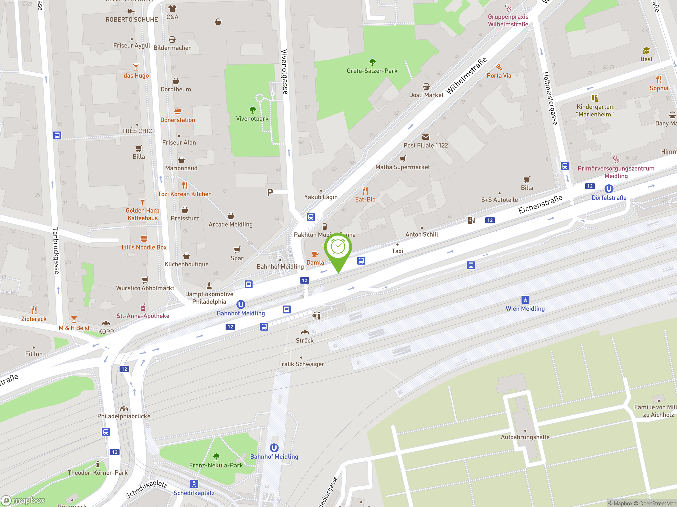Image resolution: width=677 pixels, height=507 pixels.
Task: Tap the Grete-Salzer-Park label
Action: pos(372,71)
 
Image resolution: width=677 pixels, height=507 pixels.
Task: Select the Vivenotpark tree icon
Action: pos(253,110)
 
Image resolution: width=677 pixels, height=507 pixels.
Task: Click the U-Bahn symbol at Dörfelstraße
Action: pos(609,189)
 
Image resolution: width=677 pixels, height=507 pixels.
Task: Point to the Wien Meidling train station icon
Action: pos(525,299)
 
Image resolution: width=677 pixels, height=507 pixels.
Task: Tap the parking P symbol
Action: pos(270,193)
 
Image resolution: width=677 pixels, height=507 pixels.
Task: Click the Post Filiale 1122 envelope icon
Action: pos(426,137)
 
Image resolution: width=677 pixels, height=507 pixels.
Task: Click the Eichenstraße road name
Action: pos(540,204)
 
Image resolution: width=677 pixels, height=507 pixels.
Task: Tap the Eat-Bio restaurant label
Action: pos(365,200)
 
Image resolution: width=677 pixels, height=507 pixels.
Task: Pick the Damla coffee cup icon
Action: pos(315,254)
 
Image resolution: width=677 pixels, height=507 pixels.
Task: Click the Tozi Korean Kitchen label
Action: pos(185,194)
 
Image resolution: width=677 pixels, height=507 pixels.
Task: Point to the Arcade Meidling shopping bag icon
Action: pos(231,216)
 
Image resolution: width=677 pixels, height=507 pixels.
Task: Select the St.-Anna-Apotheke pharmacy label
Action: pos(143,316)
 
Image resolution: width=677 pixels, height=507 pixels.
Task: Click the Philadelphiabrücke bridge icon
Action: pos(124,409)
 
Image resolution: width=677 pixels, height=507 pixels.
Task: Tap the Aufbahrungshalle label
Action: pos(525,437)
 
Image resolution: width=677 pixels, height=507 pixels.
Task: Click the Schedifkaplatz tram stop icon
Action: pos(194,484)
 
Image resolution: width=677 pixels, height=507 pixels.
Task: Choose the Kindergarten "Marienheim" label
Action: pos(594,111)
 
